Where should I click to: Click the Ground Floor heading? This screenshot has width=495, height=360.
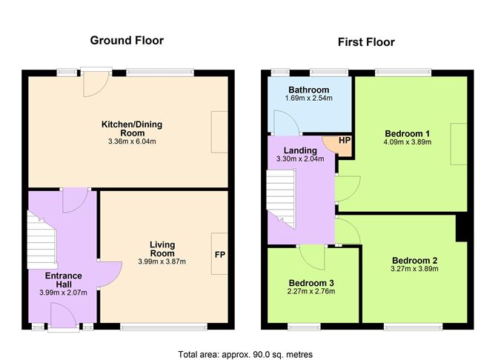pos(127,40)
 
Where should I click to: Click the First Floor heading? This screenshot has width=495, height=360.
pos(365,42)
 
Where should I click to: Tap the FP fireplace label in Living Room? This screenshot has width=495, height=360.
pos(220,255)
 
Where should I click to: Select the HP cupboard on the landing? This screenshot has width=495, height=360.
pos(344,141)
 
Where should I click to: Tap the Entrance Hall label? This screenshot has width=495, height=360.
pos(63,281)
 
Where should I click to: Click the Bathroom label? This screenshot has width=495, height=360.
pos(310,90)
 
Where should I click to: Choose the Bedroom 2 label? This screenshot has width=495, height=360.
pos(415,260)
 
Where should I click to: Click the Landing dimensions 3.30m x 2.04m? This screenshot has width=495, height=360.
pos(299,159)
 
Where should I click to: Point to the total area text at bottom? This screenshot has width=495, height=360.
pos(245,354)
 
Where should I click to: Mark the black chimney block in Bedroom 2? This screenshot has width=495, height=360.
pos(461,228)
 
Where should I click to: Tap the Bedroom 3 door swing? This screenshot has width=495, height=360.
pos(313,257)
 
